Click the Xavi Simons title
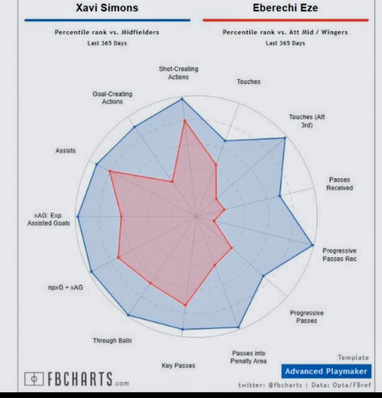tap(107, 8)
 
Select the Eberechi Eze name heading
tap(285, 8)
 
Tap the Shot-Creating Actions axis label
tap(178, 73)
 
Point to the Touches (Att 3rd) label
tap(307, 121)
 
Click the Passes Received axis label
tap(339, 184)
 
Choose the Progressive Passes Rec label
tap(339, 255)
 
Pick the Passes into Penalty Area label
tap(248, 357)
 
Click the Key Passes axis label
tap(178, 365)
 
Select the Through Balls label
tap(112, 340)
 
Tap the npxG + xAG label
tap(65, 287)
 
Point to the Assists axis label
tap(65, 151)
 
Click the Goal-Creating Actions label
tap(112, 98)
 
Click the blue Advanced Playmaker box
tap(326, 371)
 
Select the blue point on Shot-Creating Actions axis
tap(182, 99)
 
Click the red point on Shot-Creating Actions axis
tap(184, 121)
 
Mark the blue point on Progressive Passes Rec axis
tap(312, 245)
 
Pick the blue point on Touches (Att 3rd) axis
tap(285, 138)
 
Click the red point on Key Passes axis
tap(185, 305)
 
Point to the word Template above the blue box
tap(353, 357)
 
